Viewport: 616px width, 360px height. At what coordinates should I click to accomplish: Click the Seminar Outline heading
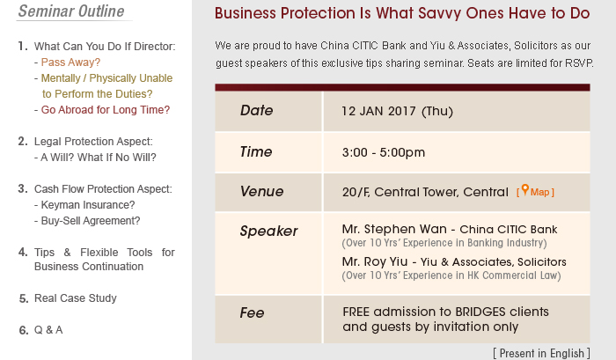tap(71, 11)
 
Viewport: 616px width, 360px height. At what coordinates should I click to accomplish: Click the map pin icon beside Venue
tap(524, 190)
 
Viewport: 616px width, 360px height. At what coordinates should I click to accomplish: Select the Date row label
tap(257, 110)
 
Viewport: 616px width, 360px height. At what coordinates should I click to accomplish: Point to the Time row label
tap(256, 151)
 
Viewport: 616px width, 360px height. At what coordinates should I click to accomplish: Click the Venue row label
tap(261, 191)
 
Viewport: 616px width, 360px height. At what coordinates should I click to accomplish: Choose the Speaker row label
tap(268, 231)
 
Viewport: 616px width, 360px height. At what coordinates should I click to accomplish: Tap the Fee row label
tap(252, 312)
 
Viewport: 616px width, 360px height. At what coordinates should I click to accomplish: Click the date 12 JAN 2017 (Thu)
tap(397, 111)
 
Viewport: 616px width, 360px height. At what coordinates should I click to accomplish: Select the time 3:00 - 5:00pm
tap(384, 152)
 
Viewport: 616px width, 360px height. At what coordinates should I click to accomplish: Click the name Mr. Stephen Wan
tap(394, 229)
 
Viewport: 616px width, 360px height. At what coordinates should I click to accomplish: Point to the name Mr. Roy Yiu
tap(375, 261)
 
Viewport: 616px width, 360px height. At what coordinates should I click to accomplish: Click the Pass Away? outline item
tap(70, 62)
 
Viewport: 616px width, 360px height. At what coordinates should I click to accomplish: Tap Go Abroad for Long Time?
tap(106, 110)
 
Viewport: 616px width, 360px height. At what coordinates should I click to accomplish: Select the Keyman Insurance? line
tap(88, 205)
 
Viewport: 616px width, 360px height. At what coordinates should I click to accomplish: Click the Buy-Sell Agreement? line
tap(91, 221)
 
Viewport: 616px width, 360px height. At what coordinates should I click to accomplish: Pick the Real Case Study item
tap(76, 298)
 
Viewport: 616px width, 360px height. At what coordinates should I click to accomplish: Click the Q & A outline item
tap(48, 330)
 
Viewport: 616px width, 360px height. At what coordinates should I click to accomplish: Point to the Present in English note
tap(542, 353)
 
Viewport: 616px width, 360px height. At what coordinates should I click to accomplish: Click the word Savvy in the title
tap(440, 14)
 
